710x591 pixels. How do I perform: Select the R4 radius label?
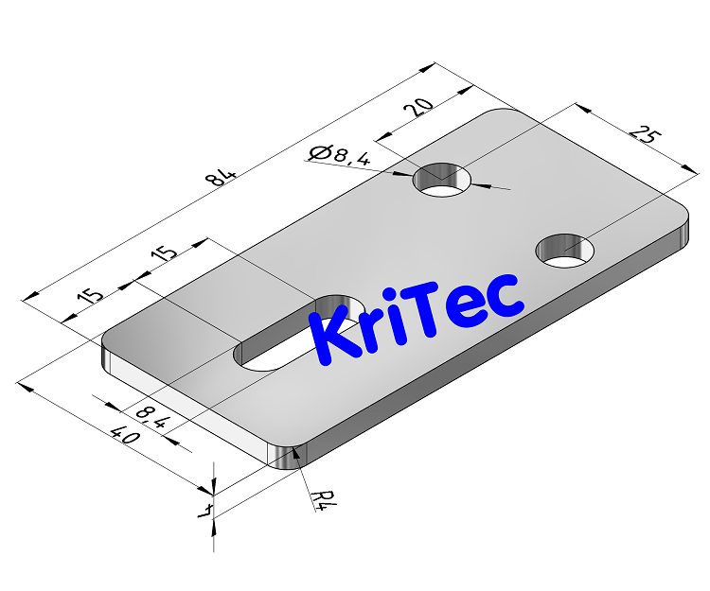(x=324, y=499)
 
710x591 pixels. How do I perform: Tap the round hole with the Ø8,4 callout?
(x=445, y=180)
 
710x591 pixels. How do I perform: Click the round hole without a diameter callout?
(x=566, y=251)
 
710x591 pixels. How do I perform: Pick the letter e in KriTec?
(x=470, y=309)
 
